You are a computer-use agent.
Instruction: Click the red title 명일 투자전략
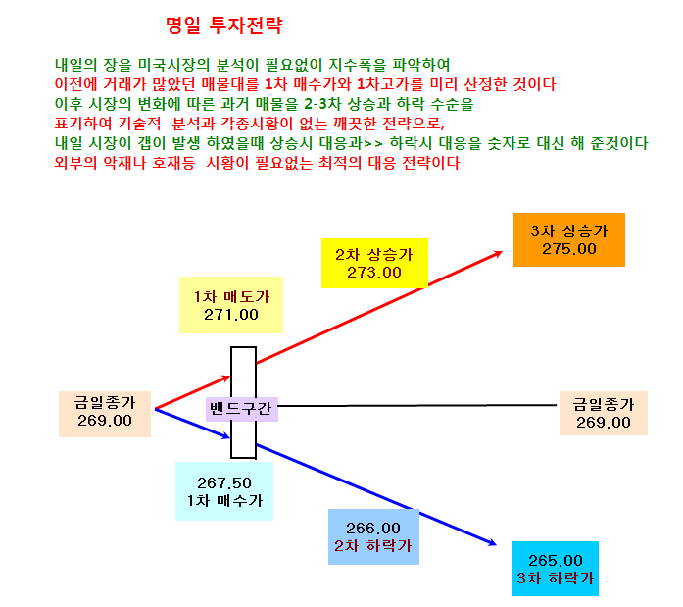click(x=224, y=25)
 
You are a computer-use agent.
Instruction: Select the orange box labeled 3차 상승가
click(x=569, y=239)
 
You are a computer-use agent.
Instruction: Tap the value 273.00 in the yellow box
click(x=374, y=273)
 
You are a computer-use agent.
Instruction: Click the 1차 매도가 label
click(x=231, y=297)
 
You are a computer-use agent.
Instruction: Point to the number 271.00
click(x=231, y=315)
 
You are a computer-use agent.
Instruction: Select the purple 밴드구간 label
click(x=242, y=409)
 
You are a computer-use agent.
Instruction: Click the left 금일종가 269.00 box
click(x=105, y=414)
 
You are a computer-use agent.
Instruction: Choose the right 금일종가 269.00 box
click(x=604, y=413)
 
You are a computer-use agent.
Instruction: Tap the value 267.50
click(x=224, y=482)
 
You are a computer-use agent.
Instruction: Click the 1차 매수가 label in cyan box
click(x=224, y=501)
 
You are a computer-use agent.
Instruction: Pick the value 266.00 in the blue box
click(x=373, y=529)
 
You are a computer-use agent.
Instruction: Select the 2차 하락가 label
click(x=373, y=546)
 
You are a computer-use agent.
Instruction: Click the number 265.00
click(x=556, y=560)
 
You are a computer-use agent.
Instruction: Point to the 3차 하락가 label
click(x=556, y=579)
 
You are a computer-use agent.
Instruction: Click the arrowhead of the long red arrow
click(x=498, y=254)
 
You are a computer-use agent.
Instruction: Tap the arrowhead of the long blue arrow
click(x=492, y=542)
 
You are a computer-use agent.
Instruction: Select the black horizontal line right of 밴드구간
click(x=417, y=406)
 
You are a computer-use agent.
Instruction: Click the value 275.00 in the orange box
click(x=569, y=249)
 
